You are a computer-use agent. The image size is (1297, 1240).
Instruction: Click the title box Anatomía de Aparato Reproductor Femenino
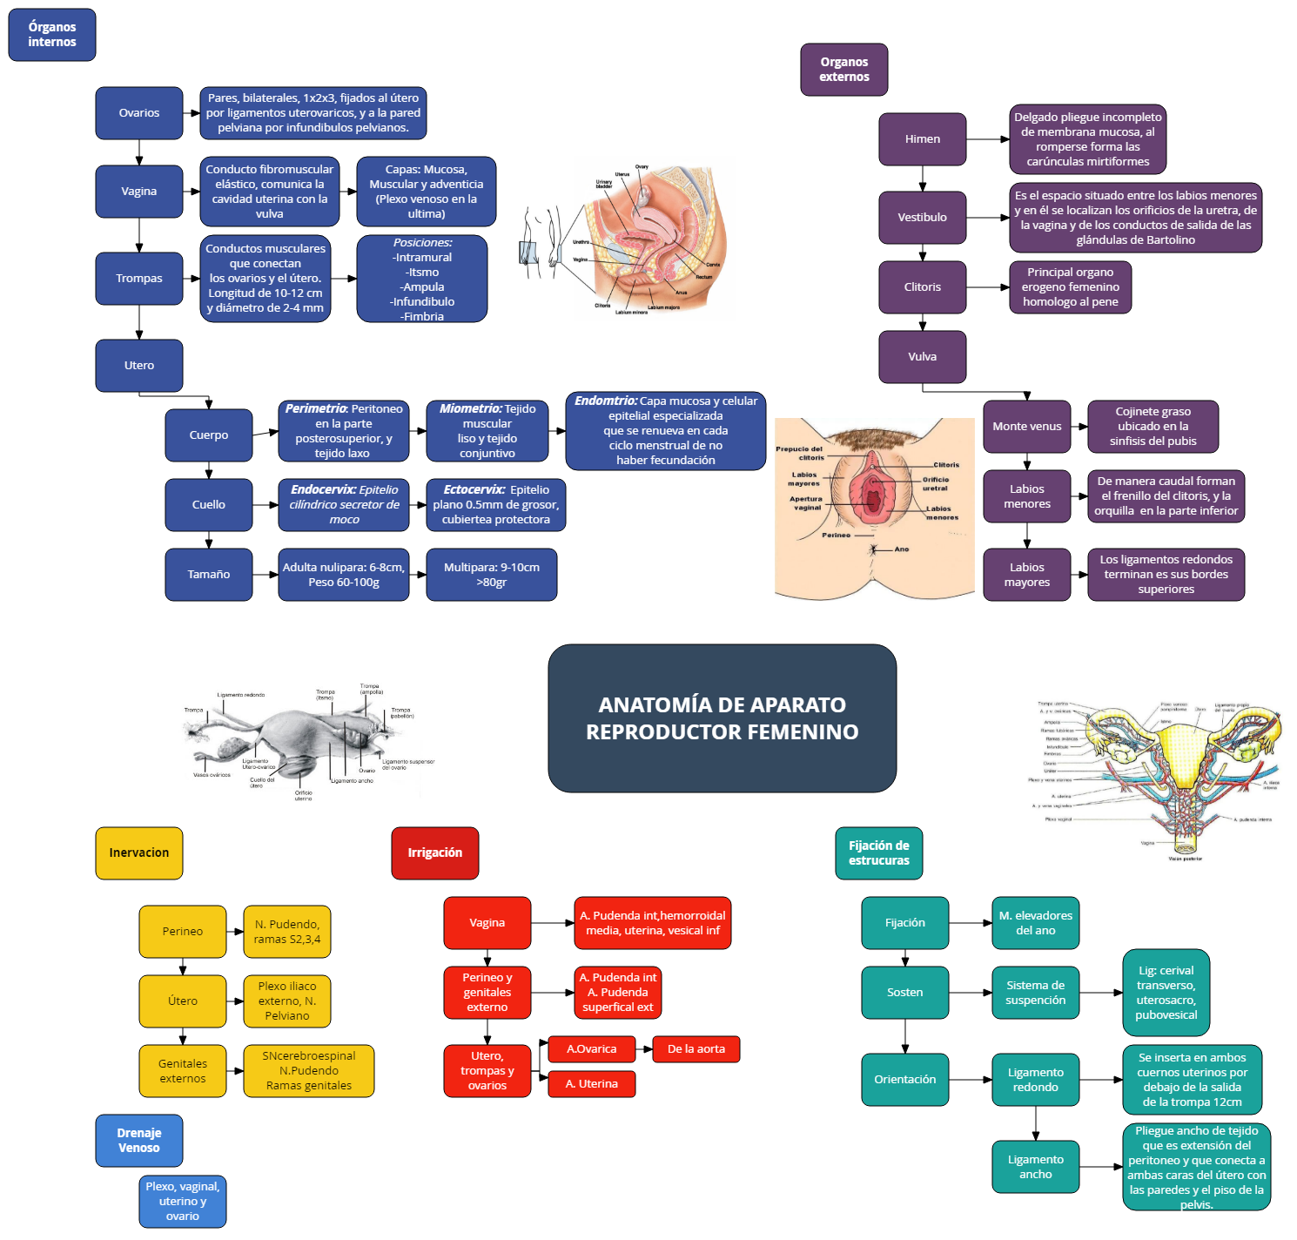(722, 718)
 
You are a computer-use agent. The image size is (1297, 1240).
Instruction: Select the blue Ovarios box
(139, 113)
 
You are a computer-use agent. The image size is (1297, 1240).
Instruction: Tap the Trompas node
(139, 279)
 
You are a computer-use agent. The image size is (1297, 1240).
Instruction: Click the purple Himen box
(922, 139)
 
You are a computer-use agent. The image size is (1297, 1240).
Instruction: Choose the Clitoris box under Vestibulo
(922, 287)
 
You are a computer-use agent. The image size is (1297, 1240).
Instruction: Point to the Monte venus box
(1026, 427)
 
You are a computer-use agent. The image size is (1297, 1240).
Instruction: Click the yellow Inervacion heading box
(139, 853)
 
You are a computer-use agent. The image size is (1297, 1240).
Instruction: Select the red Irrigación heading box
(435, 853)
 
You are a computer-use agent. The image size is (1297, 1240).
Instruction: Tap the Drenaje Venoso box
(139, 1140)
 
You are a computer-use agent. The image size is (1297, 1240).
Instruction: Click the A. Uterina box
(592, 1084)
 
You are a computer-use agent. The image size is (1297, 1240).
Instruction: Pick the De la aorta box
(696, 1049)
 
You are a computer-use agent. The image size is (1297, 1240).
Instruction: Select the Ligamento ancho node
(1035, 1167)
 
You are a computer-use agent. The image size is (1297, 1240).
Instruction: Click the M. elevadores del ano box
(1035, 923)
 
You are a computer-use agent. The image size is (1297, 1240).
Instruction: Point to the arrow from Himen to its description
(988, 139)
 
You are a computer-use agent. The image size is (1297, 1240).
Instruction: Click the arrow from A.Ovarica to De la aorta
(645, 1049)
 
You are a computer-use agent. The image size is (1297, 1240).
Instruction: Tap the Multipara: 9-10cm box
(491, 575)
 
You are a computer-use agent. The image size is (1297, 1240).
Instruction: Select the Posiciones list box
(422, 279)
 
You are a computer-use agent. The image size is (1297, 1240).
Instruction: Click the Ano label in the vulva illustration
(901, 549)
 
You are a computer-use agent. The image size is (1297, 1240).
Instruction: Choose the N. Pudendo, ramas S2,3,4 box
(287, 932)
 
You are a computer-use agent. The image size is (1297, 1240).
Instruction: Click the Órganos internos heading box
(52, 35)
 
